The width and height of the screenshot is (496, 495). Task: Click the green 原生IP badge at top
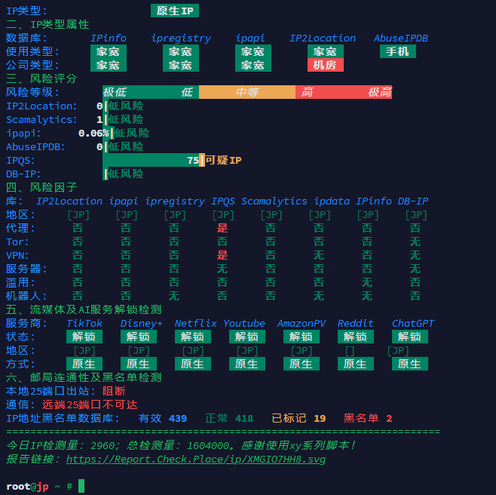tap(175, 11)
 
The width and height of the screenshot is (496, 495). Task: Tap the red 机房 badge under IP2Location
tap(325, 65)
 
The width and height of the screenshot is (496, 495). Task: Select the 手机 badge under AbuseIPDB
tap(397, 51)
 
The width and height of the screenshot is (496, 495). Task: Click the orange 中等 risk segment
tap(247, 92)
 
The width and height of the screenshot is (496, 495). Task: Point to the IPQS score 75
tap(193, 160)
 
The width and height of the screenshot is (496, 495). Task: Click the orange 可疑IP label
tap(223, 160)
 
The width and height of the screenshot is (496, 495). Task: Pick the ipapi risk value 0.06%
tap(93, 134)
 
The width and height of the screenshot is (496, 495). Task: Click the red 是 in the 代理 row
tap(222, 228)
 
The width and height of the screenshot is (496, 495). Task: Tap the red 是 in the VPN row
tap(222, 255)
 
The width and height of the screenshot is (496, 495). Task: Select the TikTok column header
tap(84, 324)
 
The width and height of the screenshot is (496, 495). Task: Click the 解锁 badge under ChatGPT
tap(409, 337)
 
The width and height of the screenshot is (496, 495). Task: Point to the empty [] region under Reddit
tap(350, 351)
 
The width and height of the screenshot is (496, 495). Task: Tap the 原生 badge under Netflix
tap(193, 364)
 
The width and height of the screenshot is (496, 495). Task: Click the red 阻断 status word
tap(114, 391)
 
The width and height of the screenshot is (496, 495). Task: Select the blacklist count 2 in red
tap(389, 419)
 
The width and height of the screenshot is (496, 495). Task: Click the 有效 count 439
tap(178, 419)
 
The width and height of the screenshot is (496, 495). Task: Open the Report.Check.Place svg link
tap(196, 460)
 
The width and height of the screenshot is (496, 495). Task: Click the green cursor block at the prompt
tap(81, 486)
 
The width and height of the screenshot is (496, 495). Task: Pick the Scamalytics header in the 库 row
tap(274, 201)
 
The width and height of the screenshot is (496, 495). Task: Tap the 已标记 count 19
tap(320, 419)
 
